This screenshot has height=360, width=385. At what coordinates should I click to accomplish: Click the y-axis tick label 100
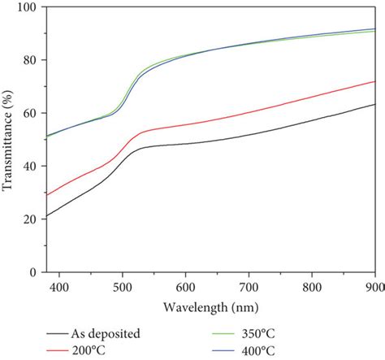tap(29, 7)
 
